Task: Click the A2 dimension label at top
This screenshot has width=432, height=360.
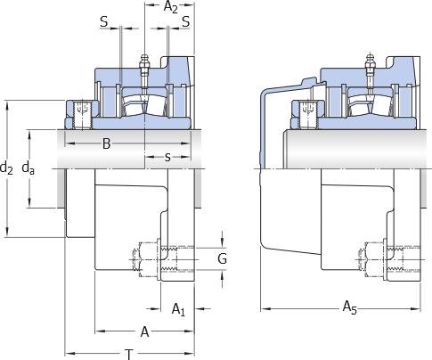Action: pos(171,7)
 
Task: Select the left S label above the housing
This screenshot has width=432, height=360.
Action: pos(104,21)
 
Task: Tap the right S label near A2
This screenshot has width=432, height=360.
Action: pos(186,21)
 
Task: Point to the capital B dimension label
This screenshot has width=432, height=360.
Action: pos(106,143)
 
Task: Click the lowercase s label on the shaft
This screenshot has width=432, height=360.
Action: pos(167,157)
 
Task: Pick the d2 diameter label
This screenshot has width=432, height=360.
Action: pos(6,168)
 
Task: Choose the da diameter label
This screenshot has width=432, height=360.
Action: pos(29,168)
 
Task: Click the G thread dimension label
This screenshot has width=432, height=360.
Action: pos(222,258)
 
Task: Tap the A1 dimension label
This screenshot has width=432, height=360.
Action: pos(178,309)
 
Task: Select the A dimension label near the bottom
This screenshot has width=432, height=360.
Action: pos(144,331)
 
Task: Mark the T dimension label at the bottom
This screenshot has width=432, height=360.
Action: pos(129,355)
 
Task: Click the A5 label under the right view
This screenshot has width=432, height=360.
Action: pos(350,307)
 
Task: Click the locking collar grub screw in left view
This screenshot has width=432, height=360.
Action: pos(83,115)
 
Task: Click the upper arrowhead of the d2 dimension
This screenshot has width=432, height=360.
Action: pos(7,104)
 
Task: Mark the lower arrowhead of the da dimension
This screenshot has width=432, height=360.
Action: pos(29,203)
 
